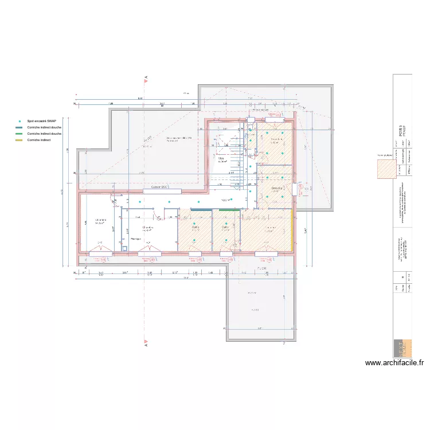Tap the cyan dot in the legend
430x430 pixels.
[20, 121]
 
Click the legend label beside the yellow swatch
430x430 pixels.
[38, 140]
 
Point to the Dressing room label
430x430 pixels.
[276, 188]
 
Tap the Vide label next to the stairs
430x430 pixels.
[220, 159]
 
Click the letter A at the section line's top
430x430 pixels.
[146, 77]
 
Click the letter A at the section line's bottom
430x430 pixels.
[146, 345]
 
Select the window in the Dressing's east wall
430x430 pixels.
[295, 189]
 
